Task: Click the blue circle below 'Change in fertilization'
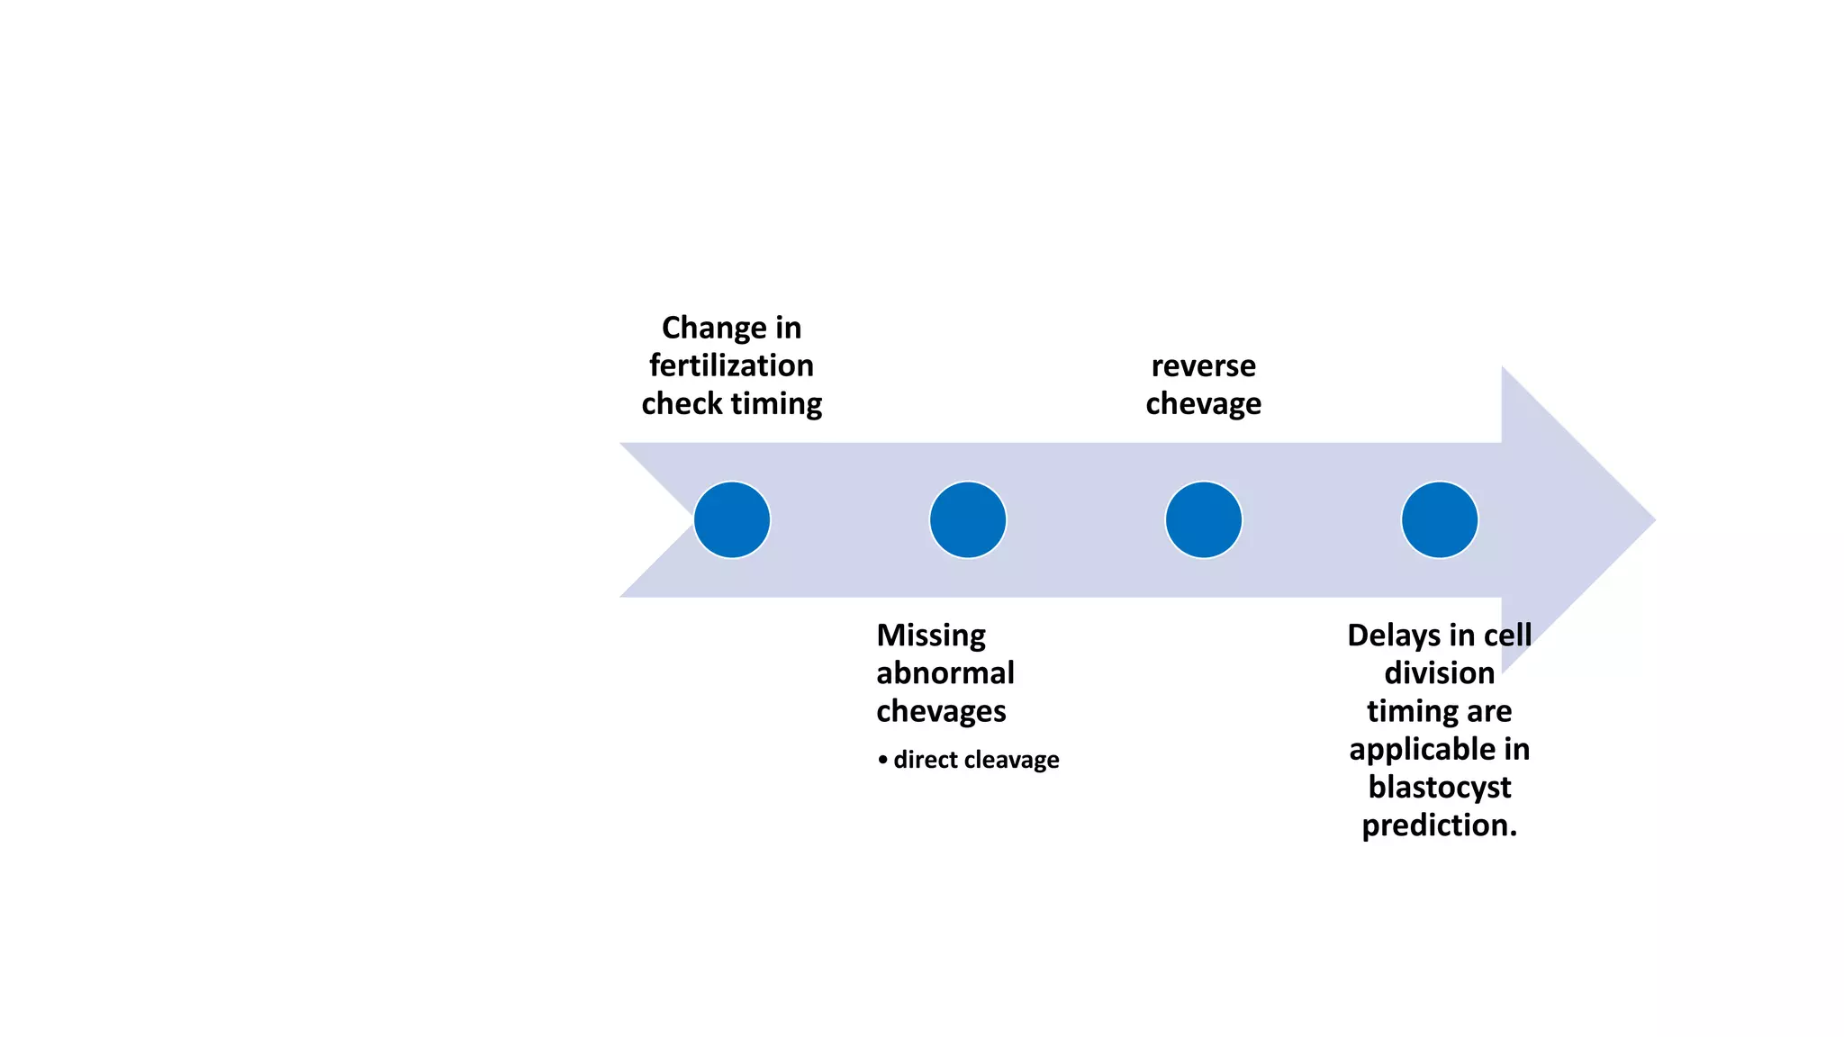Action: click(x=731, y=519)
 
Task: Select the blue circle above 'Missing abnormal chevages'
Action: click(x=967, y=519)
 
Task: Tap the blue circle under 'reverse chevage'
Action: click(x=1203, y=519)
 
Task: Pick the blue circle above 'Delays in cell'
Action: click(x=1439, y=519)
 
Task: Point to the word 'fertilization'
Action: click(x=731, y=365)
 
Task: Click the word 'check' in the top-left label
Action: click(x=681, y=403)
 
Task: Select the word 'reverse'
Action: click(x=1203, y=365)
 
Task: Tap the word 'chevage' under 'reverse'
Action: click(x=1203, y=403)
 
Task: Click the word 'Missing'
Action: click(x=931, y=636)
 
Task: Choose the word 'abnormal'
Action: click(x=945, y=673)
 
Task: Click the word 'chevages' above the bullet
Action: click(x=941, y=711)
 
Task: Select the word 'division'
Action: click(x=1439, y=673)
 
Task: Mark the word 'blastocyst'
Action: click(x=1439, y=787)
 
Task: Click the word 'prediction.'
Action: click(x=1439, y=825)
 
